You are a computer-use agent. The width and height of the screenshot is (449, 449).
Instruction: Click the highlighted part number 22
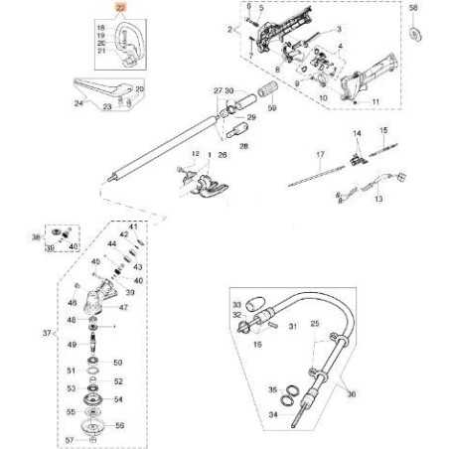(x=120, y=8)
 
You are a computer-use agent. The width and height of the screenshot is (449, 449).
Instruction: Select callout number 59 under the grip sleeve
(x=272, y=108)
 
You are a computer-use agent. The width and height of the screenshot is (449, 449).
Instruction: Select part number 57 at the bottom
(x=71, y=438)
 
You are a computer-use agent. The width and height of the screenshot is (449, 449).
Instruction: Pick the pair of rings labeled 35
(x=295, y=389)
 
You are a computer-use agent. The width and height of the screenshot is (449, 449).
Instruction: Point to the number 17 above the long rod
(x=320, y=156)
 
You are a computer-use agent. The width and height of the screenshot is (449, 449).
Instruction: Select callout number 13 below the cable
(x=377, y=199)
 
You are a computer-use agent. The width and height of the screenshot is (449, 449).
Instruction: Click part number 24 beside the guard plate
(x=78, y=101)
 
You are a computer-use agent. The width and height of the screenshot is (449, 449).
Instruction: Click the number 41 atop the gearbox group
(x=132, y=227)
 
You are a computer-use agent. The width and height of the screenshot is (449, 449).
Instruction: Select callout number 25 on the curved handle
(x=315, y=325)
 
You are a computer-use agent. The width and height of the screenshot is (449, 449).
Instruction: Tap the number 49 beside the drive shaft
(x=71, y=345)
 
